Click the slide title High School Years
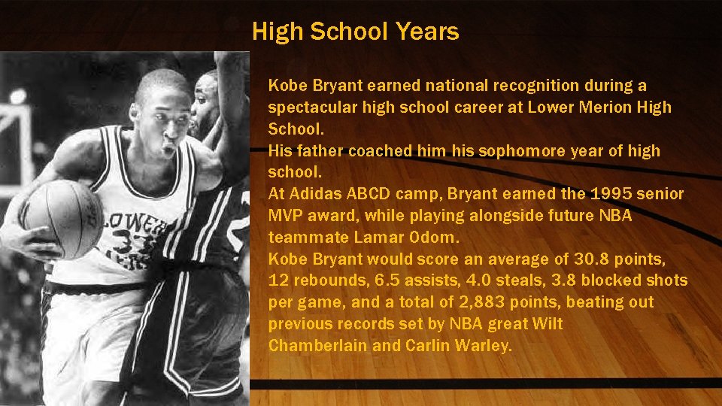pos(355,32)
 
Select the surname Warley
pos(484,346)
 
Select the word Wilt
pos(547,324)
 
